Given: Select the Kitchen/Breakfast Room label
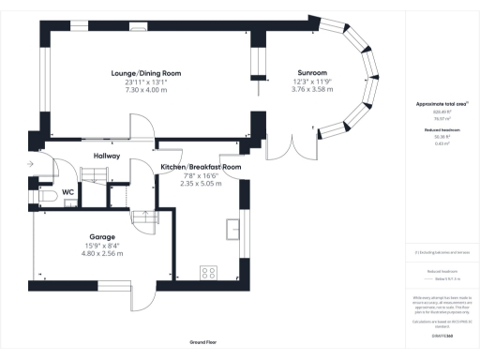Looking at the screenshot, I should [201, 167].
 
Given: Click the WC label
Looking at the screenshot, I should [68, 193].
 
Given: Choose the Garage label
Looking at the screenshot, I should [102, 237].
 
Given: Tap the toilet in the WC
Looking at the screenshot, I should [41, 200].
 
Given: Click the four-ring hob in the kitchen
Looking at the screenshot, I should [208, 274].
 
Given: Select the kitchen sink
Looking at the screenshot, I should [231, 228].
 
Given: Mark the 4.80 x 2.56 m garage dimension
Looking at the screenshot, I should [102, 254].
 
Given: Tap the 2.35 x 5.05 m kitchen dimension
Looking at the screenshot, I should [201, 185].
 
